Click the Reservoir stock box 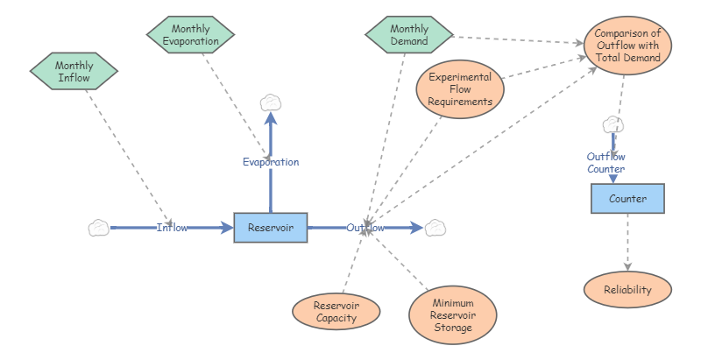270,228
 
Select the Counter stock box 627,199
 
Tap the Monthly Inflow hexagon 74,72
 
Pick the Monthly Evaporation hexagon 189,36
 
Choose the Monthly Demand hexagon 408,36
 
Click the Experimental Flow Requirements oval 460,89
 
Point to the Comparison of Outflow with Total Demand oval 627,46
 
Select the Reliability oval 627,289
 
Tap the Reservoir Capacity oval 336,312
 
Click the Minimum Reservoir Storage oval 452,314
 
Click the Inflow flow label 173,228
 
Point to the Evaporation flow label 271,162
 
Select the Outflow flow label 365,228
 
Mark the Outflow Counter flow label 605,162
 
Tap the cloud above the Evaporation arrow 271,103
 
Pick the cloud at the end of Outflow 435,228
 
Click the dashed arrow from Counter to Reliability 627,243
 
